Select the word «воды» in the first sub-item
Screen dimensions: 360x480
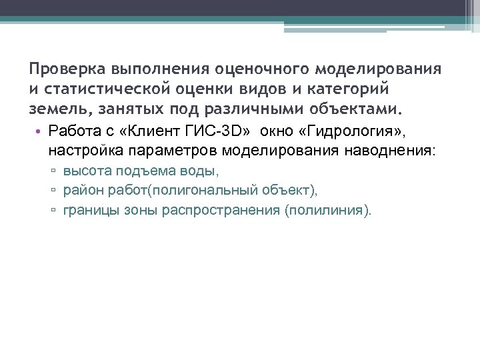pos(203,172)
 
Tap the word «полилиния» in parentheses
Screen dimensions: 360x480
pos(329,211)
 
